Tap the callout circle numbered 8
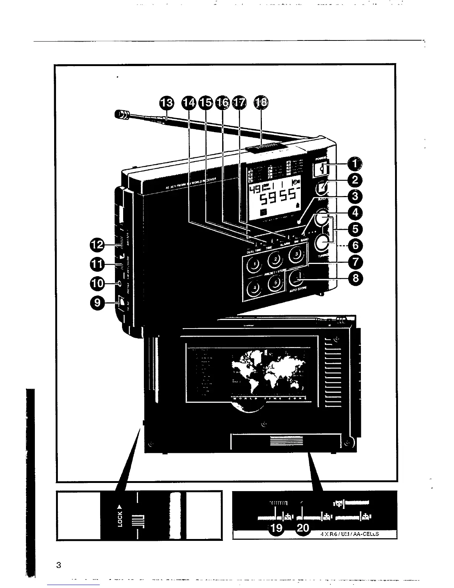click(355, 278)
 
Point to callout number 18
click(261, 102)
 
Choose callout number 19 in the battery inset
click(277, 528)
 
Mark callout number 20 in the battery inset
click(303, 528)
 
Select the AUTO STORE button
click(299, 277)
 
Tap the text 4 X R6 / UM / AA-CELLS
click(349, 535)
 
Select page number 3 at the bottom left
click(58, 565)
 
